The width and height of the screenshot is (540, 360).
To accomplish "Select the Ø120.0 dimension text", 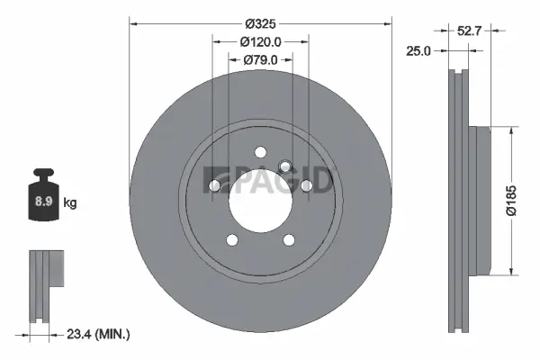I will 261,40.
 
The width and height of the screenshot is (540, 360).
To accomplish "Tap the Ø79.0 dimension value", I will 261,60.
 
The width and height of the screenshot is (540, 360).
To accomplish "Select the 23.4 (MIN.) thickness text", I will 98,335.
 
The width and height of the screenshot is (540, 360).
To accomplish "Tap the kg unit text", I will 70,203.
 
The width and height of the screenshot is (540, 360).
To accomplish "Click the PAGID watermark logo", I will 269,180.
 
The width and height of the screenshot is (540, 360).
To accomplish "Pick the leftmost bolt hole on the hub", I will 216,185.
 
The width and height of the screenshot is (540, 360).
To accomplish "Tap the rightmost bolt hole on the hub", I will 306,185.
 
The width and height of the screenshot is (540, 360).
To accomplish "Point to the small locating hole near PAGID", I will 285,166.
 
